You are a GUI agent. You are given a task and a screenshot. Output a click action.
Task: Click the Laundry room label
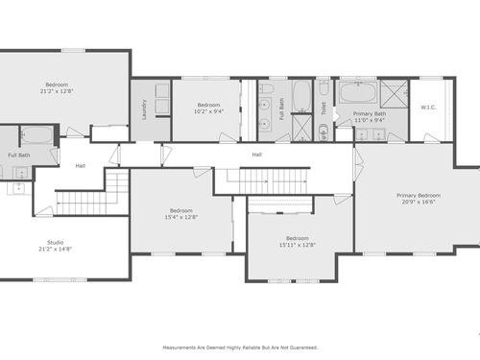(144, 109)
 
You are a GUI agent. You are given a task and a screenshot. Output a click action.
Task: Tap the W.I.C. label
(428, 108)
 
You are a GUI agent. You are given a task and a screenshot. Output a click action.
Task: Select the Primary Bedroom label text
(419, 195)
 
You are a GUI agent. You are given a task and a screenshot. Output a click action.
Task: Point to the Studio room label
(56, 242)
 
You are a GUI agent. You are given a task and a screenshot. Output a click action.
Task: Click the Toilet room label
(324, 108)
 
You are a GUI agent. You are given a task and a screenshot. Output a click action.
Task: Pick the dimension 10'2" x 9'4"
(208, 111)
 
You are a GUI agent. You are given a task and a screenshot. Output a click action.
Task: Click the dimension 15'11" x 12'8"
(298, 245)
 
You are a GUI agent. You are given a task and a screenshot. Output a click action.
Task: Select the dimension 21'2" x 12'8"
(57, 91)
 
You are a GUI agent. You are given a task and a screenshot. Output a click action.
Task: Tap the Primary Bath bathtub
(358, 92)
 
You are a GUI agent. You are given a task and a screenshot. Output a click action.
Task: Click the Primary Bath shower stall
(395, 94)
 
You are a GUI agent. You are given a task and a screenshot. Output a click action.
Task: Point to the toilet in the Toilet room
(324, 87)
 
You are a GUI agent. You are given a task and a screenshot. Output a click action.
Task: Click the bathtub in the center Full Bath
(301, 95)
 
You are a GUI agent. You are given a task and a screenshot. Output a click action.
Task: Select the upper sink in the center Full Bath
(265, 105)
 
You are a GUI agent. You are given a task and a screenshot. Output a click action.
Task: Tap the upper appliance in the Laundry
(162, 90)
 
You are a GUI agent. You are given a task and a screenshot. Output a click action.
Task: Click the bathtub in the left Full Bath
(36, 135)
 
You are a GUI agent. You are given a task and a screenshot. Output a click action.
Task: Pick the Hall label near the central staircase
(256, 155)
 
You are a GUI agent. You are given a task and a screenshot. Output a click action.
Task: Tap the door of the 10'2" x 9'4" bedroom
(228, 137)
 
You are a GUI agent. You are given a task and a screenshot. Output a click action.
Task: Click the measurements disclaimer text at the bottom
(240, 348)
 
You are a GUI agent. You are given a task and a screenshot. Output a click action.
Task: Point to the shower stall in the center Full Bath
(301, 128)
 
